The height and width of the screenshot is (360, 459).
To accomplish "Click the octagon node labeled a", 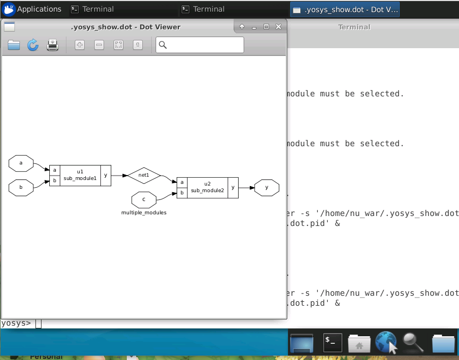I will (21, 163).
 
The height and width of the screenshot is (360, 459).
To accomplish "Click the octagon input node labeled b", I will (21, 188).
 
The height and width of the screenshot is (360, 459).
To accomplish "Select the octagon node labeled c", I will (144, 199).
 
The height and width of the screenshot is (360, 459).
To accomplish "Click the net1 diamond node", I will (144, 175).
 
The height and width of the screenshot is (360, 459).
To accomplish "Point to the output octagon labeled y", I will (267, 188).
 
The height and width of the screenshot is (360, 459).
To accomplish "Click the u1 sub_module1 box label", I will (80, 175).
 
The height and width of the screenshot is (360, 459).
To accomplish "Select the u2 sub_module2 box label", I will (207, 187).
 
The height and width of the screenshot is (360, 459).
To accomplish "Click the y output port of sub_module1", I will (106, 175).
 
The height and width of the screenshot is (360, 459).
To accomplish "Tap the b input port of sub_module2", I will (182, 193).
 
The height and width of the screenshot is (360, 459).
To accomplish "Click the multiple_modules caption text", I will (144, 212).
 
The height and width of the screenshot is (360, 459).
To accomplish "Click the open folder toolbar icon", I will (14, 45).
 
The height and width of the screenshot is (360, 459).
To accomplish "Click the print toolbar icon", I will (53, 45).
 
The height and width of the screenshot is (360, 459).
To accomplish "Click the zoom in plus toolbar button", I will (80, 45).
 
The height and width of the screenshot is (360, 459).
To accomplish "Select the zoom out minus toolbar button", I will (99, 45).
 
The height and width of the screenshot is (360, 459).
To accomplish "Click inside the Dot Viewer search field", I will (205, 45).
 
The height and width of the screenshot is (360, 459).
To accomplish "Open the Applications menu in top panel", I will (32, 9).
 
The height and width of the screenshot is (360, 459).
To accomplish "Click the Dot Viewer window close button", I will (278, 27).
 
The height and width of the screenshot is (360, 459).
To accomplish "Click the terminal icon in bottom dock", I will (332, 342).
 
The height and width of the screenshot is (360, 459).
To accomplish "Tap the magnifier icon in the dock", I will (413, 342).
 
